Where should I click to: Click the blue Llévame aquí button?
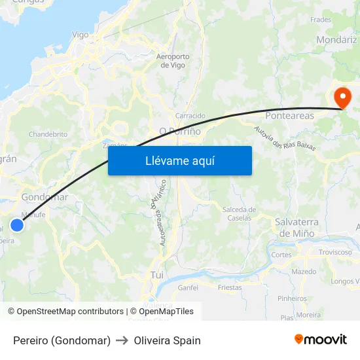click(179, 160)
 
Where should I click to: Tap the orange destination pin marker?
click(342, 98)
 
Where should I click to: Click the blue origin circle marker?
click(17, 225)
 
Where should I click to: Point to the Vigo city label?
click(80, 35)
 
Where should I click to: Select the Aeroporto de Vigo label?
click(173, 60)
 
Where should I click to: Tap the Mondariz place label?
click(337, 39)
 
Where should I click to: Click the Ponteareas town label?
click(289, 115)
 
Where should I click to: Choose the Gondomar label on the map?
click(45, 197)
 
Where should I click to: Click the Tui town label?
click(157, 275)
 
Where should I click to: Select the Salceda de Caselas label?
click(239, 213)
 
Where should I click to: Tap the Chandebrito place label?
click(48, 134)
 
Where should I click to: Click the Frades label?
click(321, 20)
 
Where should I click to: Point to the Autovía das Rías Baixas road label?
click(285, 137)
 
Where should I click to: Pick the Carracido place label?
click(190, 116)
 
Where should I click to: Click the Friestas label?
click(230, 287)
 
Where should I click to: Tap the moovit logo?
click(321, 339)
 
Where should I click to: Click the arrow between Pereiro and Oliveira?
click(122, 340)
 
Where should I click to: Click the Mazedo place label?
click(304, 271)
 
